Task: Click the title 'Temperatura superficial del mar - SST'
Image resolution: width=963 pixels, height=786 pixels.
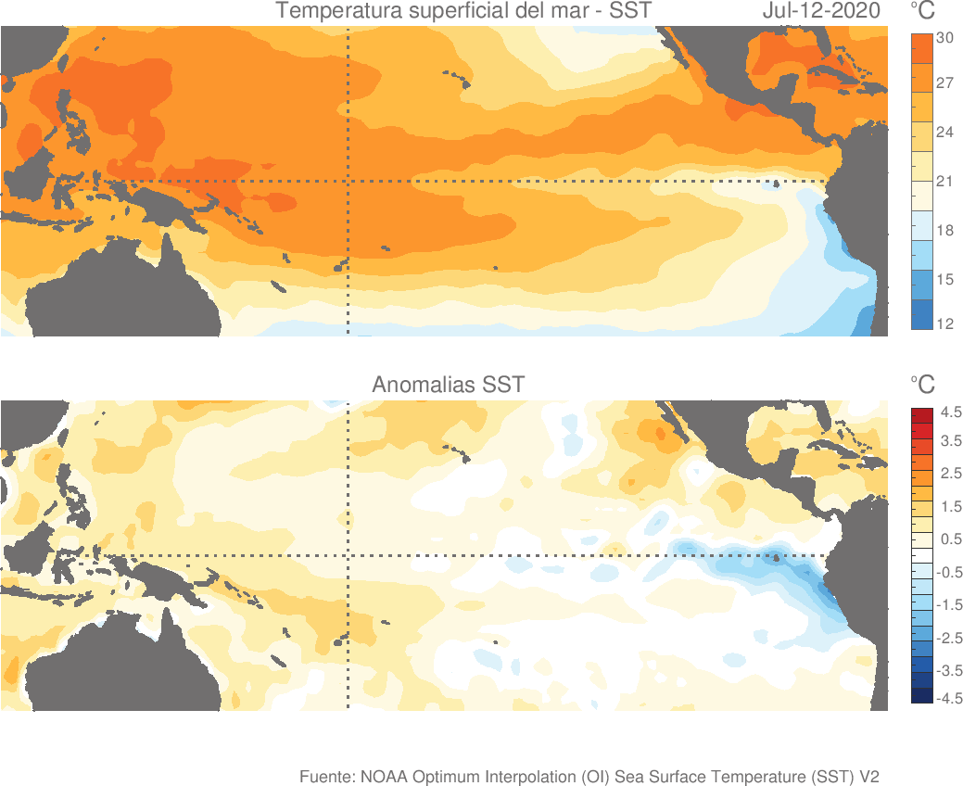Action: [463, 12]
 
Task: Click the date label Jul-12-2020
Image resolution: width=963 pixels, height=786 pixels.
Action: [821, 12]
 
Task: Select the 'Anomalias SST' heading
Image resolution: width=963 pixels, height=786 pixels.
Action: [449, 385]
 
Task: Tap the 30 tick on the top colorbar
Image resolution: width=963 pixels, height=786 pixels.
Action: [945, 38]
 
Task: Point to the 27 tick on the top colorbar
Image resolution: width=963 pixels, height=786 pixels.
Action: [945, 83]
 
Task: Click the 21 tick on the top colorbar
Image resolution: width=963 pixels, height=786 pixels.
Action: [945, 181]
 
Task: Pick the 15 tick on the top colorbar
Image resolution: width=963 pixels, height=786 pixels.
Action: [945, 279]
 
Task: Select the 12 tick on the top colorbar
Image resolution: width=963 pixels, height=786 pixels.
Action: [945, 323]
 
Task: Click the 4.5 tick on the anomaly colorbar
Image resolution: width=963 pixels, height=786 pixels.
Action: [951, 411]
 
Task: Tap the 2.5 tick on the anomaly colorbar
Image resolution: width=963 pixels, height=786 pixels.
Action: [951, 475]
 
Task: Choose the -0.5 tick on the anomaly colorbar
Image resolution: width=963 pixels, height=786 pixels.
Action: [951, 572]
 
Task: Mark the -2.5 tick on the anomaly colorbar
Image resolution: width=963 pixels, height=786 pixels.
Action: [951, 638]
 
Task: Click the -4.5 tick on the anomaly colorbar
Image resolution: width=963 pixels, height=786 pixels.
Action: [951, 699]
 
